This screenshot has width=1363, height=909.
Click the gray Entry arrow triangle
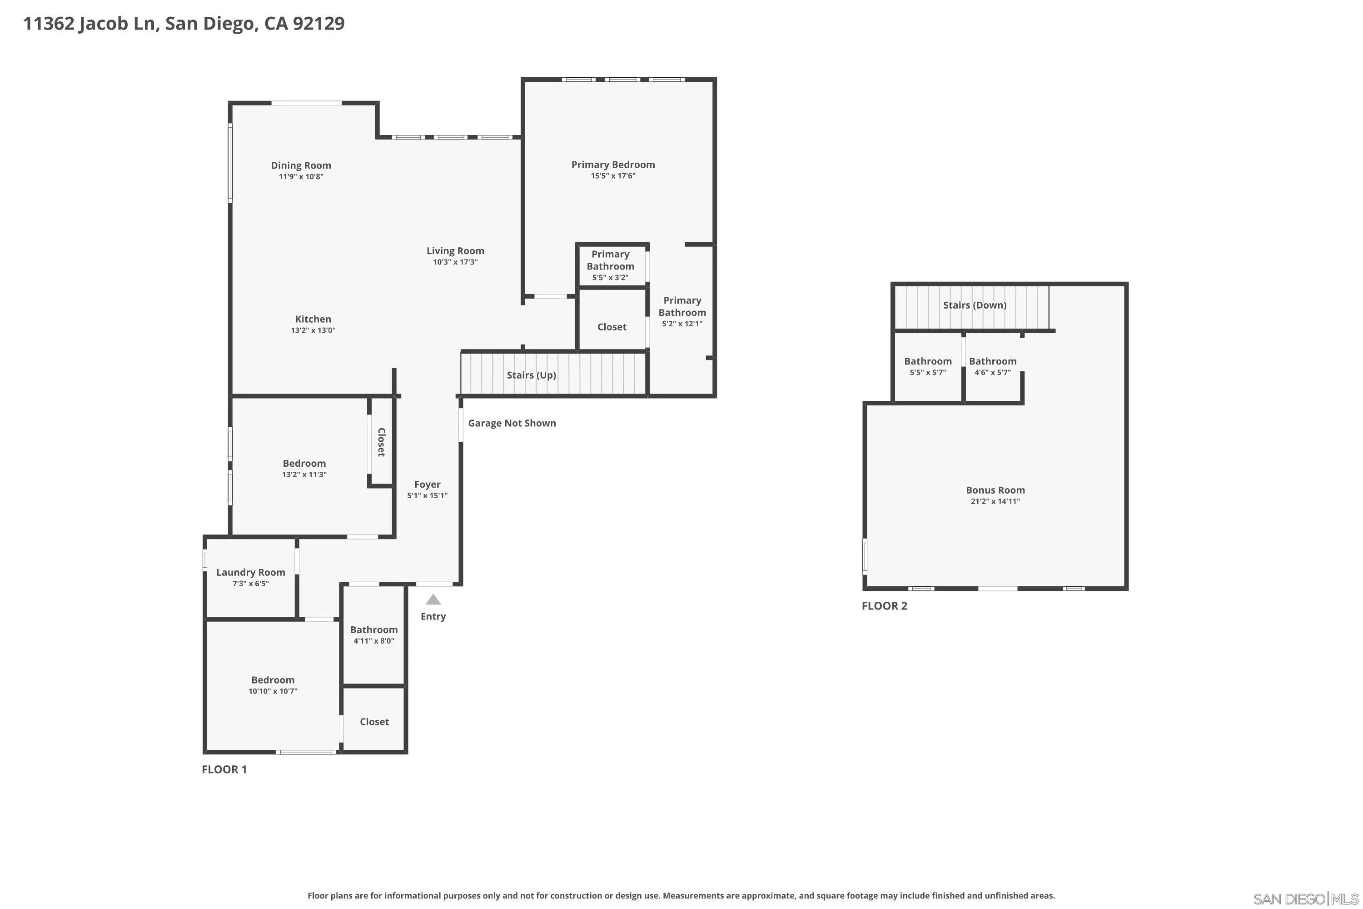[x=433, y=599]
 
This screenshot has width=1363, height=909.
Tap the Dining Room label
[x=301, y=166]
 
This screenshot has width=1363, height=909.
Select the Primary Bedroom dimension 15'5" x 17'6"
[x=613, y=175]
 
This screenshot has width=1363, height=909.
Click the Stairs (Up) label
[x=532, y=375]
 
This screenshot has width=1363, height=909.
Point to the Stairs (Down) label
[x=975, y=305]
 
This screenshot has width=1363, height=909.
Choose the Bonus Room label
[x=995, y=490]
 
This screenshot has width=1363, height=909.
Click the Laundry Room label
[x=250, y=572]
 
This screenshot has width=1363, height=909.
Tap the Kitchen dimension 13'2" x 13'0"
[x=313, y=330]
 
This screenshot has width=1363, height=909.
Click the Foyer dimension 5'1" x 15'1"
[x=427, y=496]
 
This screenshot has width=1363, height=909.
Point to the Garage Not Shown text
[x=512, y=423]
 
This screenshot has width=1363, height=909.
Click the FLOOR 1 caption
[x=224, y=769]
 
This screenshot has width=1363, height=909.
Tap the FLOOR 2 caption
[x=884, y=606]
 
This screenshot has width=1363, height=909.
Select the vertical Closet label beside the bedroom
[x=381, y=442]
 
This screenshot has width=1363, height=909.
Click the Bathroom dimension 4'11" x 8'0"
[x=374, y=641]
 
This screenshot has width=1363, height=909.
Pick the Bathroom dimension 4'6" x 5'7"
[x=993, y=373]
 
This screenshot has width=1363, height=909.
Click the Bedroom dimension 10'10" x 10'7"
[x=273, y=691]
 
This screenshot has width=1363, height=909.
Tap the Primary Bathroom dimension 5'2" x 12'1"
[x=682, y=324]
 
